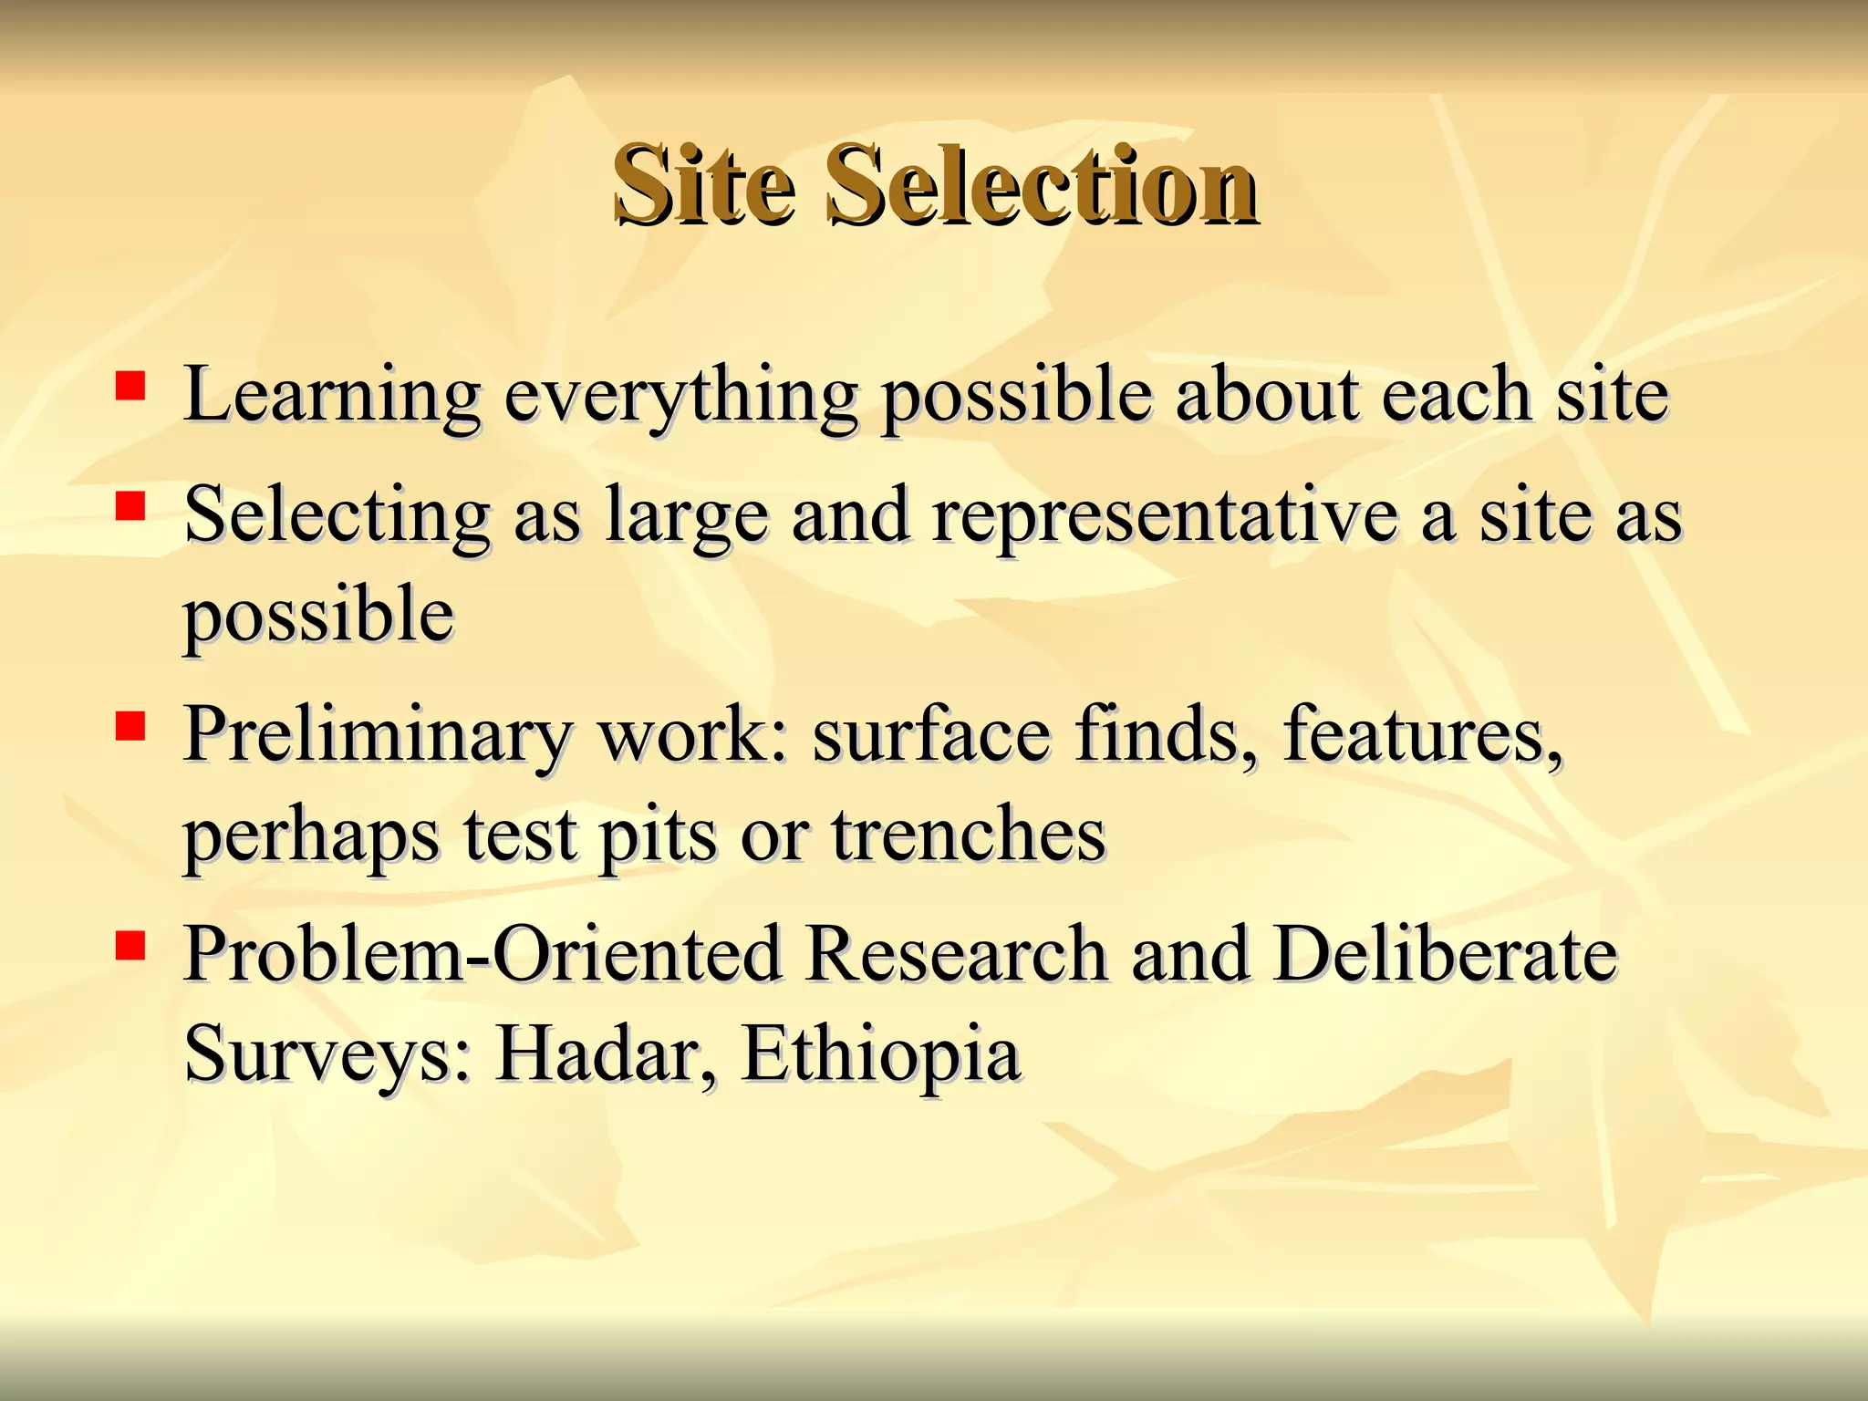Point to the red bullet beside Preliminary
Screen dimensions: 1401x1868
coord(130,726)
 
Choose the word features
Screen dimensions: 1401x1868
coord(1423,735)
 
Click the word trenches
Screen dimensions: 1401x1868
coord(968,835)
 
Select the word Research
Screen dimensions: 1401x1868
coord(956,955)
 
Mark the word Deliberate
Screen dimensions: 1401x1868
coord(1445,955)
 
